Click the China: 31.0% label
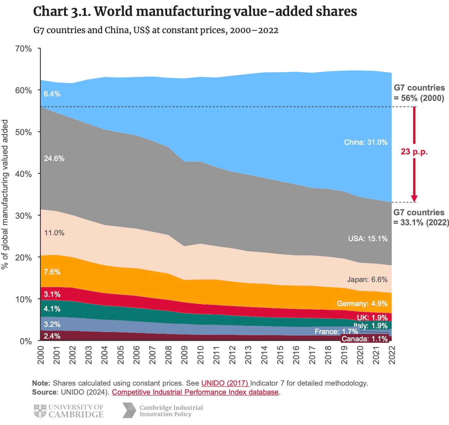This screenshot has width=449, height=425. [366, 142]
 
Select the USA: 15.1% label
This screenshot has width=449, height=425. [368, 238]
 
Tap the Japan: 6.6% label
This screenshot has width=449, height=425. [367, 280]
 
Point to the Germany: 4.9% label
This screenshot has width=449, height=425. [362, 304]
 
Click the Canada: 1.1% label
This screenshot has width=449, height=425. [365, 339]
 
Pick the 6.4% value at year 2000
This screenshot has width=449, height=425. [52, 94]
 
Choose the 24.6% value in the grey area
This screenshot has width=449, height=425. [54, 159]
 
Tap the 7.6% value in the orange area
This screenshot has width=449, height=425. [52, 272]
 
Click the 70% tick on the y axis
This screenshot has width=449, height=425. [24, 49]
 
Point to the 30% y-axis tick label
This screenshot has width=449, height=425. [24, 216]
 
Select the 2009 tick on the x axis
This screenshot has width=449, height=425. [184, 355]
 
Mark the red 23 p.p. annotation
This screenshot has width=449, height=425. [414, 152]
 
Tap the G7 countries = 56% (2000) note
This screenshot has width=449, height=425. [419, 93]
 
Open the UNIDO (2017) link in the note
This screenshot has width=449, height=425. [225, 383]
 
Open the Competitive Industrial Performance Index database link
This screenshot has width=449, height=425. [195, 392]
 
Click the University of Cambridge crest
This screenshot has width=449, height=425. [40, 410]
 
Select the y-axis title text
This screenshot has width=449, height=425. [5, 195]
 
